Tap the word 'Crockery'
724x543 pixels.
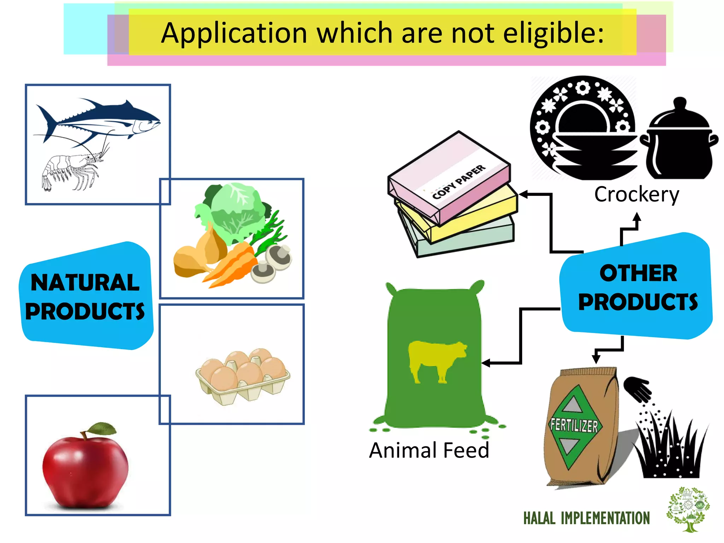(636, 194)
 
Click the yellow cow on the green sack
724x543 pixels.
(437, 361)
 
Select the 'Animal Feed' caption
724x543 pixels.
(429, 450)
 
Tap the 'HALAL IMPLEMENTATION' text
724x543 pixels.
(586, 518)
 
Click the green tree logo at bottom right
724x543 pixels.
(688, 509)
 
